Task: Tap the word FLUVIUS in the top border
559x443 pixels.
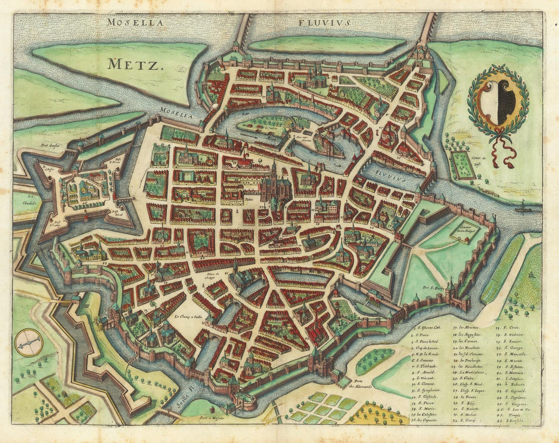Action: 324,22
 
